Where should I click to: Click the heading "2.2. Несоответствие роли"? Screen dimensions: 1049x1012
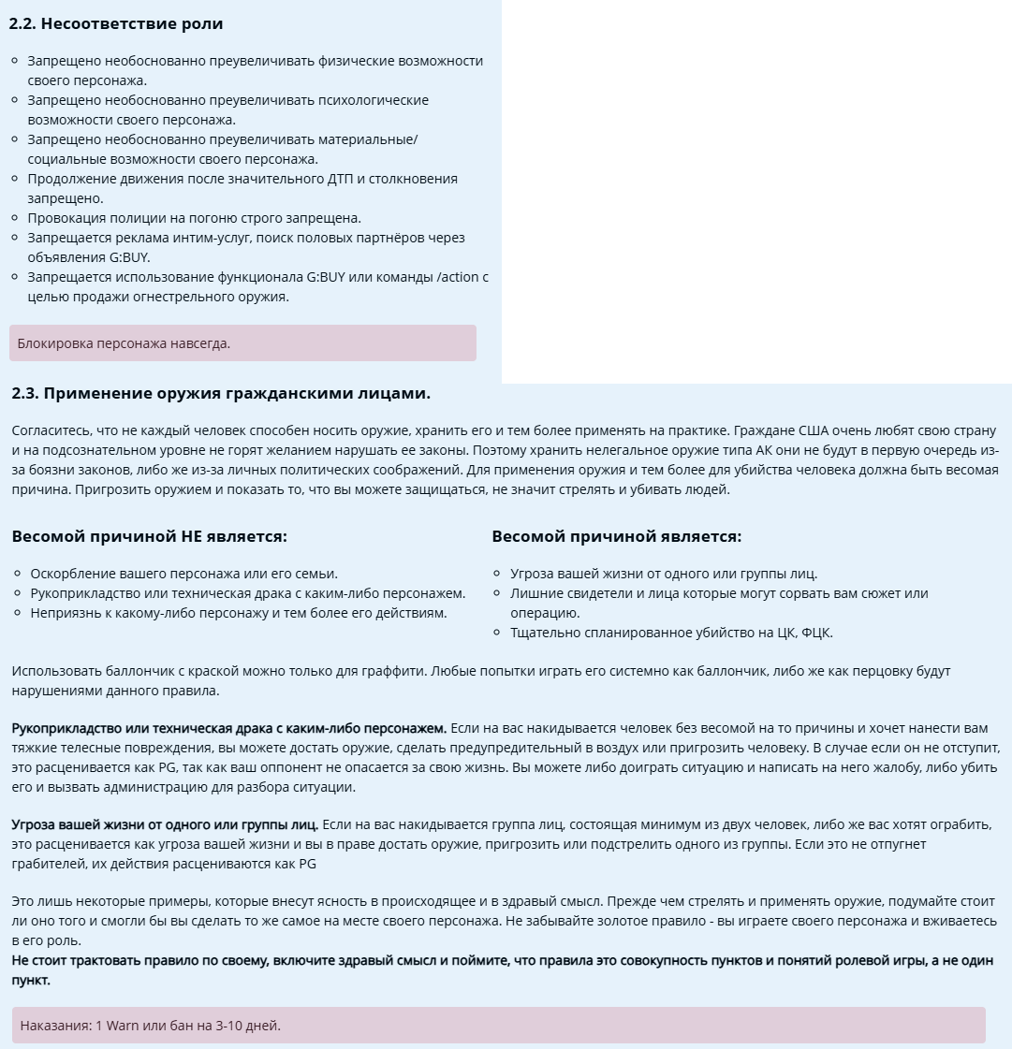(x=116, y=23)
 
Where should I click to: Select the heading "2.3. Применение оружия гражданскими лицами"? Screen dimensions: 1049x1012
(x=221, y=393)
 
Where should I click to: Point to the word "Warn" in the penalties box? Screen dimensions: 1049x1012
(x=122, y=1025)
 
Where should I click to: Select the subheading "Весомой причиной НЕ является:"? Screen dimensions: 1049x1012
(x=149, y=536)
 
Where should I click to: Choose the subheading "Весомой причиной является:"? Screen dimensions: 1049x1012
(x=616, y=536)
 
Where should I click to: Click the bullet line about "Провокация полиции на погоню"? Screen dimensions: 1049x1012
(x=194, y=218)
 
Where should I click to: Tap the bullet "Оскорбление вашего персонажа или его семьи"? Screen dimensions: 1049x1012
(x=183, y=574)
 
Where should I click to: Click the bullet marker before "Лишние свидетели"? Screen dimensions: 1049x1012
(x=497, y=593)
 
